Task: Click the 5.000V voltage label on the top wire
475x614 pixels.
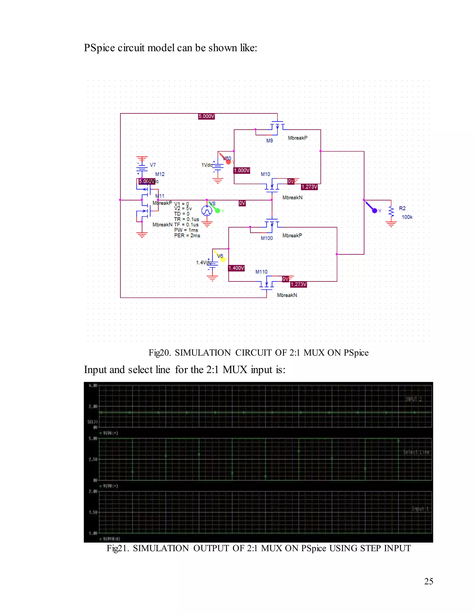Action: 206,116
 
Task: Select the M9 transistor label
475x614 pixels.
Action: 269,141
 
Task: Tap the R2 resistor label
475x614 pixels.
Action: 402,208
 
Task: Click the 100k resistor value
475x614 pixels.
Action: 407,217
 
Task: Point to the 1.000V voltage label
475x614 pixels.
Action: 242,170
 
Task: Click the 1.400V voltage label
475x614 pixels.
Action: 236,268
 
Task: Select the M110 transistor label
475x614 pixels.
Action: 261,272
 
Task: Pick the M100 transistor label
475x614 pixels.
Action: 266,238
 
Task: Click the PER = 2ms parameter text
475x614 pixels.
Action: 187,236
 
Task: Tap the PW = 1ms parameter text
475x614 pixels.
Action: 186,230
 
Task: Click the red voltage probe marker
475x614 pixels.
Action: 228,162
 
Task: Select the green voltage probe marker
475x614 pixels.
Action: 217,210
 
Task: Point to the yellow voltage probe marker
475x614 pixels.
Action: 223,259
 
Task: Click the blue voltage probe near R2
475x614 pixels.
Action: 374,210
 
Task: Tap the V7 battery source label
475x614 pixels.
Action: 153,165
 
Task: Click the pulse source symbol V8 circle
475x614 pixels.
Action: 207,211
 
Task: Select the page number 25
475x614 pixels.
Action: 428,581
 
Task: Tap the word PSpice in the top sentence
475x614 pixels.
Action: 99,48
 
